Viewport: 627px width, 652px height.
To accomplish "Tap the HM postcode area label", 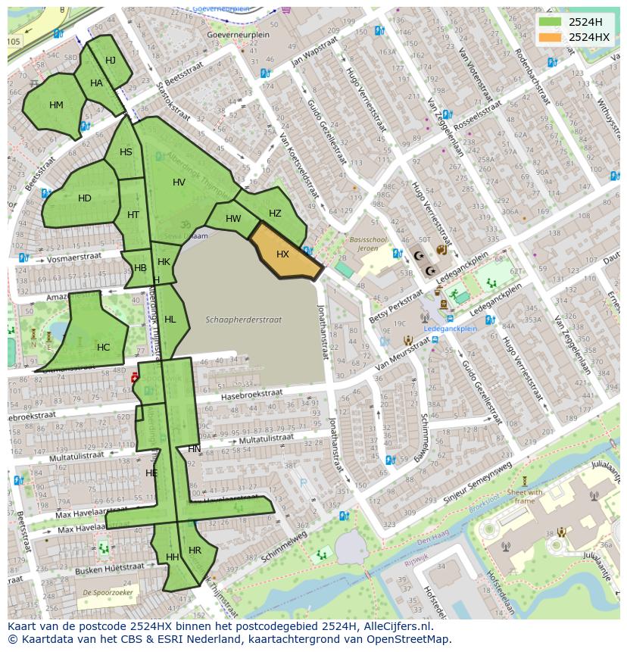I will (56, 105).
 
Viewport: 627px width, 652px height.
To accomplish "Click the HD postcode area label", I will (85, 198).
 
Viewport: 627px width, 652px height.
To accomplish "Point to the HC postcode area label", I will (103, 348).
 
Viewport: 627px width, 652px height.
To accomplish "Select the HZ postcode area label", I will (275, 214).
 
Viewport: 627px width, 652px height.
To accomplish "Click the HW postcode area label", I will (233, 219).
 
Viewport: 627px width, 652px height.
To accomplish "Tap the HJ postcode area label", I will (111, 61).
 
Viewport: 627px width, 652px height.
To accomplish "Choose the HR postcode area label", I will (195, 550).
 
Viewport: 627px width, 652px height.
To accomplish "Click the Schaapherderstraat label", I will (244, 320).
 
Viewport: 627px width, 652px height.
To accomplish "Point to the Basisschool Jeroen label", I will (368, 243).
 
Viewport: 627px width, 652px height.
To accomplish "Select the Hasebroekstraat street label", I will (251, 395).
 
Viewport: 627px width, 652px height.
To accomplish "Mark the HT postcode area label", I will (133, 215).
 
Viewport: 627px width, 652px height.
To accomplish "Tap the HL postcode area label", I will (170, 320).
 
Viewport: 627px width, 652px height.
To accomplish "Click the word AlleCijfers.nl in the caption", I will (393, 626).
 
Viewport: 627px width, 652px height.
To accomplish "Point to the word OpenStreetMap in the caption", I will (410, 639).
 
